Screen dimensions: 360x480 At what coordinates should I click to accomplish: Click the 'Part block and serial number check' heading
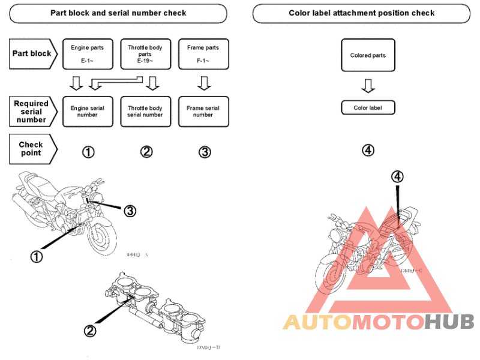(118, 13)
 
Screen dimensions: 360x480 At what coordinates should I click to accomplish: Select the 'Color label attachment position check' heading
(361, 13)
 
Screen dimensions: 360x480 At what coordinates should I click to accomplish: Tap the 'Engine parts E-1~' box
(88, 53)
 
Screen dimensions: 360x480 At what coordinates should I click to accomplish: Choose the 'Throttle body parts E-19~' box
(145, 53)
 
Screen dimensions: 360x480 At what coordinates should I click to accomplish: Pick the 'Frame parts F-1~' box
(203, 53)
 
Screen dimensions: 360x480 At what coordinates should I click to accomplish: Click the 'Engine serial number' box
(88, 112)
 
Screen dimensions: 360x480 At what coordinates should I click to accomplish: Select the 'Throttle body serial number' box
(145, 112)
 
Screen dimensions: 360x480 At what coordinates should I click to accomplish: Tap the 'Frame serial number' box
(203, 112)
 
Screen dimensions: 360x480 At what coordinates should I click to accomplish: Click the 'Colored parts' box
(368, 56)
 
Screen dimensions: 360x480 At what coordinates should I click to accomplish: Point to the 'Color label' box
(368, 108)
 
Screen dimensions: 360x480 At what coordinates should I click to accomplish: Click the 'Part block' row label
(32, 53)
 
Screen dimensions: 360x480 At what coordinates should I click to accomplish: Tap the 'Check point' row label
(31, 148)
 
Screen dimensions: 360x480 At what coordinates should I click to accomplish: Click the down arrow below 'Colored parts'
(368, 86)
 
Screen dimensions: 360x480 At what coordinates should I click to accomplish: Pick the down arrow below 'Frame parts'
(204, 83)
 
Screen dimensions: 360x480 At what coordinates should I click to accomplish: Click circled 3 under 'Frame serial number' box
(205, 152)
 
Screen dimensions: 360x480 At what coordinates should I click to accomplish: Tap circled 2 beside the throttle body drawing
(89, 330)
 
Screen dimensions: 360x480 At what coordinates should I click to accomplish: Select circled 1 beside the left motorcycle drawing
(37, 256)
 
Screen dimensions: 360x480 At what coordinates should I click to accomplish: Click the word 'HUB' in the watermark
(449, 322)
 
